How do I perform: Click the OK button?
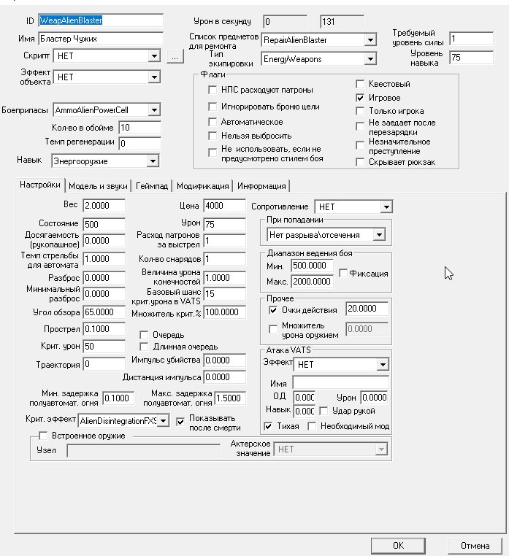click(397, 545)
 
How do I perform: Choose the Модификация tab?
click(202, 185)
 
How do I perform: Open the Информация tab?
click(261, 185)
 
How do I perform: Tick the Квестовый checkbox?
click(360, 84)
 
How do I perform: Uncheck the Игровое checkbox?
click(360, 98)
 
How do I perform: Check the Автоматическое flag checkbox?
click(214, 122)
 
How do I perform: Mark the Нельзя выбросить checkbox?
click(214, 136)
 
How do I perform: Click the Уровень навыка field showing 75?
click(471, 56)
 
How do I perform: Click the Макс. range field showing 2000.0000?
click(312, 282)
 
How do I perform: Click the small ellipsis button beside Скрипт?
click(174, 55)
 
